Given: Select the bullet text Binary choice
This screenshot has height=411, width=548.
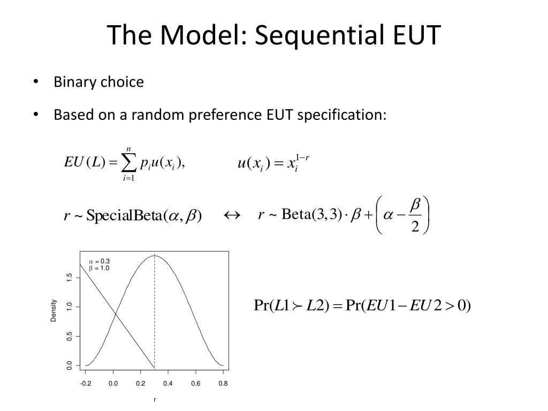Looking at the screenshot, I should pos(98,82).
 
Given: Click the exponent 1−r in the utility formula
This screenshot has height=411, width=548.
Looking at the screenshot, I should pos(303,157).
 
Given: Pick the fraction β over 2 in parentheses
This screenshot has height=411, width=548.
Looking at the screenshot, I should pos(415,215).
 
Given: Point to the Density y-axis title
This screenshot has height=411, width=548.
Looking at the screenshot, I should pos(54,310).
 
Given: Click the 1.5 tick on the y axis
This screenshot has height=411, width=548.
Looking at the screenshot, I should pos(69,277).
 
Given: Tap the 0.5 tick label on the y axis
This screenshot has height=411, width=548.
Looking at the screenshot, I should pos(69,336).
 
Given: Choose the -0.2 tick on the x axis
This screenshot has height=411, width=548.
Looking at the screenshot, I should pos(86,383).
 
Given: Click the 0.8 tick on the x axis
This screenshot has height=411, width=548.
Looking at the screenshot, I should pos(223,383).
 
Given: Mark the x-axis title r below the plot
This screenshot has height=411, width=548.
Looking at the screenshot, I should pos(155,400).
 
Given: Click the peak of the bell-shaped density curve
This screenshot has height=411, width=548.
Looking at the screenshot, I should pos(155,256).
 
